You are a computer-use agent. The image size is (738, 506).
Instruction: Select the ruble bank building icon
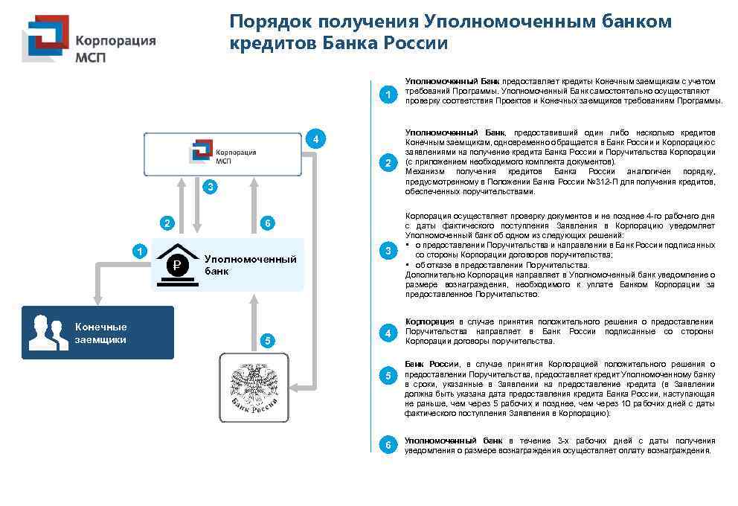click(177, 262)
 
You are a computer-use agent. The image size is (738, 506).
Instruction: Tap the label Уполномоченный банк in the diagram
click(250, 265)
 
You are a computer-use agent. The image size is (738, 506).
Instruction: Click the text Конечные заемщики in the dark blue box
click(100, 333)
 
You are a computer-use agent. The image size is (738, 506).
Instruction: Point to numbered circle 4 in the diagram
click(315, 139)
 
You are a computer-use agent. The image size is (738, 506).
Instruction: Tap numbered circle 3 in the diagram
click(211, 187)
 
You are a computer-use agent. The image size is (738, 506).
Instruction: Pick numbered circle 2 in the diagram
click(167, 222)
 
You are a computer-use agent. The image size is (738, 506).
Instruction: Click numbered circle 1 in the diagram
click(139, 252)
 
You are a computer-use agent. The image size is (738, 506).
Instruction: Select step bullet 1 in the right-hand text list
click(388, 95)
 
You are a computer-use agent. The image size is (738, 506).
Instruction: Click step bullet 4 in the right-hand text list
click(388, 333)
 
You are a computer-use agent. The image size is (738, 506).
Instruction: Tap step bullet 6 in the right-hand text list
click(388, 445)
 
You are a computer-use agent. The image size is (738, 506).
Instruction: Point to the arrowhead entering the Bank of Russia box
click(296, 387)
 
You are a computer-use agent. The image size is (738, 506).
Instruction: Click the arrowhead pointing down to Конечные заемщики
click(96, 297)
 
